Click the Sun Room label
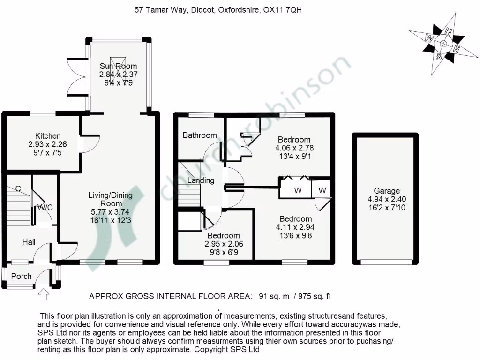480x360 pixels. pyautogui.click(x=118, y=66)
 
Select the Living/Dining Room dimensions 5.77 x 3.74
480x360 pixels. pyautogui.click(x=111, y=212)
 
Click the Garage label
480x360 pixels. pyautogui.click(x=387, y=191)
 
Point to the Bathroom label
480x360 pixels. pyautogui.click(x=200, y=135)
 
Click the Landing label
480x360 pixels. pyautogui.click(x=201, y=180)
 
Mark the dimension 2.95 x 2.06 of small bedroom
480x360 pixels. pyautogui.click(x=223, y=244)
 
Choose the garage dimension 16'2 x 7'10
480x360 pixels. pyautogui.click(x=387, y=208)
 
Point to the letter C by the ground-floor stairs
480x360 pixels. pyautogui.click(x=18, y=189)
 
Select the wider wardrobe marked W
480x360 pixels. pyautogui.click(x=298, y=190)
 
